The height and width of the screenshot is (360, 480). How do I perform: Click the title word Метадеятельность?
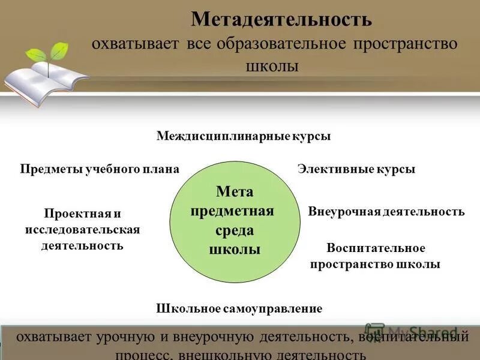pyautogui.click(x=281, y=19)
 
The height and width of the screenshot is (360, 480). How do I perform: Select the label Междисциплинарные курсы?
pyautogui.click(x=244, y=136)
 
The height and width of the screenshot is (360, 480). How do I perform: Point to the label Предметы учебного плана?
pyautogui.click(x=100, y=169)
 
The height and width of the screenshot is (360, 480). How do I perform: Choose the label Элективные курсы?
pyautogui.click(x=356, y=169)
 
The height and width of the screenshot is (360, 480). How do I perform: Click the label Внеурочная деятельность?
pyautogui.click(x=386, y=211)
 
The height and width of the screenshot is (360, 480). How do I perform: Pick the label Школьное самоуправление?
pyautogui.click(x=239, y=308)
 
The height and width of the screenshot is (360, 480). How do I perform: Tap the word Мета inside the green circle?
pyautogui.click(x=235, y=191)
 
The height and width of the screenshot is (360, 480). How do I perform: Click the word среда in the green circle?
pyautogui.click(x=235, y=230)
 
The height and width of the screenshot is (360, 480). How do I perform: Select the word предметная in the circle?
pyautogui.click(x=235, y=211)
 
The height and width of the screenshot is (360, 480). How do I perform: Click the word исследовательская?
pyautogui.click(x=83, y=230)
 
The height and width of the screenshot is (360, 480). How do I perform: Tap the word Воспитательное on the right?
pyautogui.click(x=376, y=248)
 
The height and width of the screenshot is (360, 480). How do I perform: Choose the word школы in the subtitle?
pyautogui.click(x=273, y=65)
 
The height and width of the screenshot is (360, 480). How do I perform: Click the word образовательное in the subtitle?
pyautogui.click(x=284, y=44)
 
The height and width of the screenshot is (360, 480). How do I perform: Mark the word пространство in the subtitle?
pyautogui.click(x=405, y=44)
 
